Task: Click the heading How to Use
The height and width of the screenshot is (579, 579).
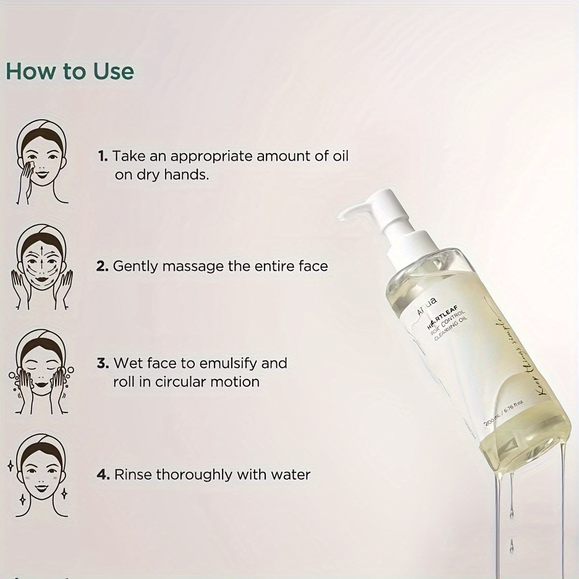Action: click(70, 71)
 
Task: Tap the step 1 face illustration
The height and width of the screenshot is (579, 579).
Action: click(42, 162)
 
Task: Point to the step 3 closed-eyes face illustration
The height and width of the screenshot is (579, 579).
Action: click(41, 372)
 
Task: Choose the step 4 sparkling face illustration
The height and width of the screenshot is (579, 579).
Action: click(41, 475)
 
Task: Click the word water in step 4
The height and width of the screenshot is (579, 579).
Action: click(290, 474)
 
